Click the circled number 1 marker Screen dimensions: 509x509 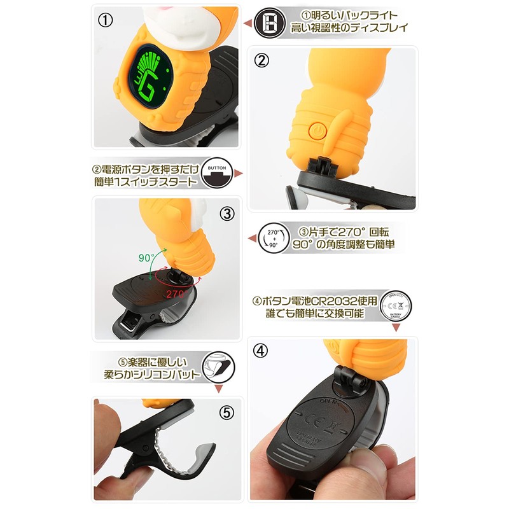[x=106, y=19]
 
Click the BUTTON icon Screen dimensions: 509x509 [x=218, y=172]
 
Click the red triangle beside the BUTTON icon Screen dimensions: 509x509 [x=239, y=173]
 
